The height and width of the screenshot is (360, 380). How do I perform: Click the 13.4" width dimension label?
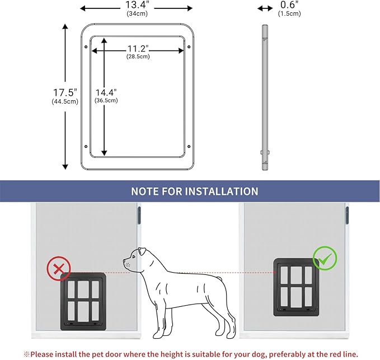[x=137, y=6]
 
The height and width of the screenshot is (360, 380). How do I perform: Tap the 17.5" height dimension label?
[x=64, y=92]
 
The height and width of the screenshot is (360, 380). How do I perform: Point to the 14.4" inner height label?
[x=105, y=92]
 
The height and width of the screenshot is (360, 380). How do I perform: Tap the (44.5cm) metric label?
[x=64, y=101]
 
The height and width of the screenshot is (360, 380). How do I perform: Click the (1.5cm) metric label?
[x=289, y=13]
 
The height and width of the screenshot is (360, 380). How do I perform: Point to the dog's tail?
[x=224, y=278]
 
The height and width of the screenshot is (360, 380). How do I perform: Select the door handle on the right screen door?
[x=347, y=213]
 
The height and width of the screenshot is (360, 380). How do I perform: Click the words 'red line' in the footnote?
[x=339, y=354]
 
